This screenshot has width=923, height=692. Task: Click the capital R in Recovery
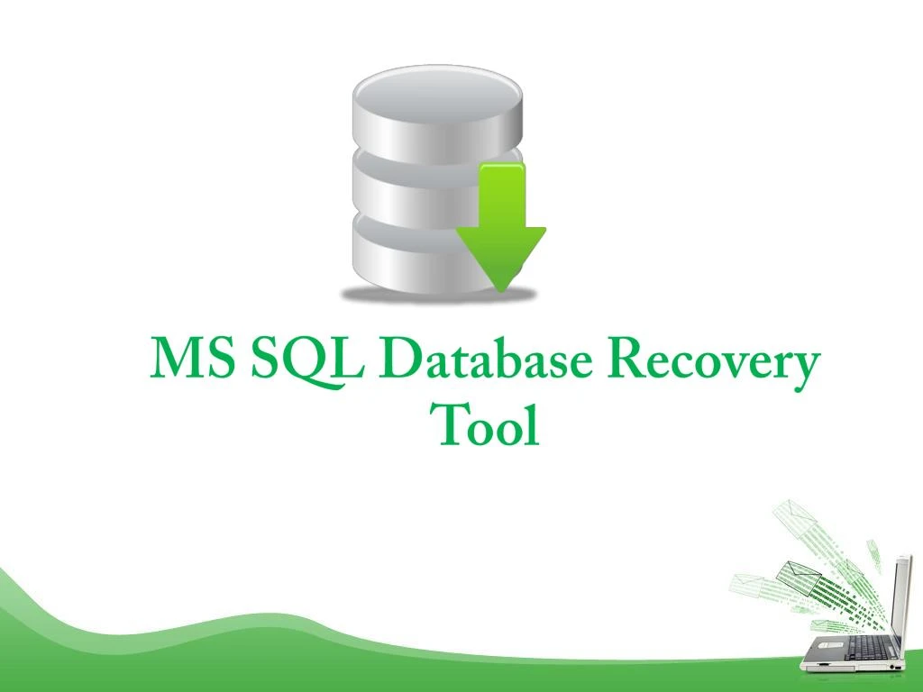click(x=626, y=360)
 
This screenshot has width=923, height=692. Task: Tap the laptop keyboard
click(x=869, y=647)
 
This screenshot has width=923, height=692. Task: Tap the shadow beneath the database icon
click(x=438, y=294)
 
